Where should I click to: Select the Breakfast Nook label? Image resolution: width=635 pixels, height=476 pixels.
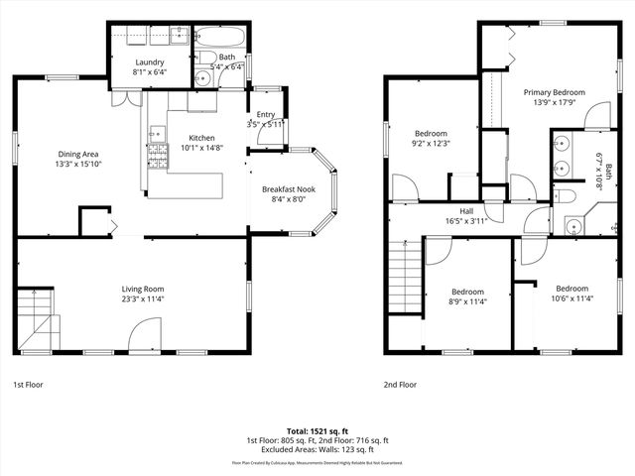click(x=289, y=188)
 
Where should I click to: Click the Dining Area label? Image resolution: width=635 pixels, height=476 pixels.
click(x=77, y=154)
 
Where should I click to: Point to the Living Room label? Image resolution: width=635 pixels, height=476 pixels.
click(x=142, y=289)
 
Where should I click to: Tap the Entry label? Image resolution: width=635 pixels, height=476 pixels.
click(x=266, y=114)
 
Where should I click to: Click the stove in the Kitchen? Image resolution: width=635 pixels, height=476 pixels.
click(x=158, y=154)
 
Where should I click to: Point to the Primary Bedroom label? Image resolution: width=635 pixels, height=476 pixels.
click(x=555, y=92)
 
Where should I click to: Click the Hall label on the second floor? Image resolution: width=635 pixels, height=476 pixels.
click(x=466, y=211)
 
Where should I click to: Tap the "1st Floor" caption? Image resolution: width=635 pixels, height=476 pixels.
click(x=29, y=384)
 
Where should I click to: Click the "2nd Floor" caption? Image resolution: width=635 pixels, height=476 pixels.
click(x=401, y=384)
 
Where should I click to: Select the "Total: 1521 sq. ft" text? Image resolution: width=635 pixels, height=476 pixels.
click(x=317, y=431)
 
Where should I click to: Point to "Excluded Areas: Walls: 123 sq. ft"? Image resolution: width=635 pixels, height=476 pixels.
click(x=317, y=451)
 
